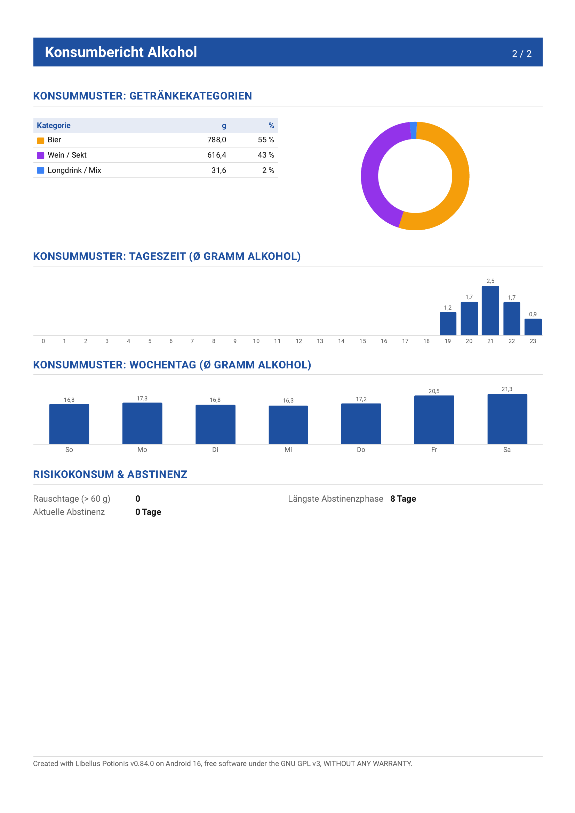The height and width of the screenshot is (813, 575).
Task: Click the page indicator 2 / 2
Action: pos(521,54)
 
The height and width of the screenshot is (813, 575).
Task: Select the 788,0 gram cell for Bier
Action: pos(217,140)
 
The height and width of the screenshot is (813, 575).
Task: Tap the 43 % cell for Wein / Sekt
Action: pos(266,155)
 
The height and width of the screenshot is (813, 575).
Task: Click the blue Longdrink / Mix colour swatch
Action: pos(41,171)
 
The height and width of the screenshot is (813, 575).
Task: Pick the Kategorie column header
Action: pos(54,125)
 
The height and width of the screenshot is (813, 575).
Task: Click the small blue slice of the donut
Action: pos(413,130)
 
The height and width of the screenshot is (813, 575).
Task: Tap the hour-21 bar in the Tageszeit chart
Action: pos(490,311)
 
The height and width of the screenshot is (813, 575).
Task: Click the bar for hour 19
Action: pos(448,324)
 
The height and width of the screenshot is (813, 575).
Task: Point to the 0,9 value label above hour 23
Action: pos(533,314)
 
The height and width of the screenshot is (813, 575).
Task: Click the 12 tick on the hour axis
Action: pos(299,341)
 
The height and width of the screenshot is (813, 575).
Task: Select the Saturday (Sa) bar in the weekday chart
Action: pos(508,419)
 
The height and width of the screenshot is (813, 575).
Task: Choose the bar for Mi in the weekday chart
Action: pos(288,424)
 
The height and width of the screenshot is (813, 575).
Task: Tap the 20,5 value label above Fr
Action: pos(434,391)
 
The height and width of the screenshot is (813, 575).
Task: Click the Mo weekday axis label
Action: pos(142,450)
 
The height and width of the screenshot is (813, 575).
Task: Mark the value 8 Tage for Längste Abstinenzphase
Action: pos(403,499)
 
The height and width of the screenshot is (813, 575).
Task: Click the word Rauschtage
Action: pos(56,499)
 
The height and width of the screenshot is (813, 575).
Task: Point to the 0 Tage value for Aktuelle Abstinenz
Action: pos(148,512)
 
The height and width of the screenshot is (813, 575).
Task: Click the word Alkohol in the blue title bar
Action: pos(172,52)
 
